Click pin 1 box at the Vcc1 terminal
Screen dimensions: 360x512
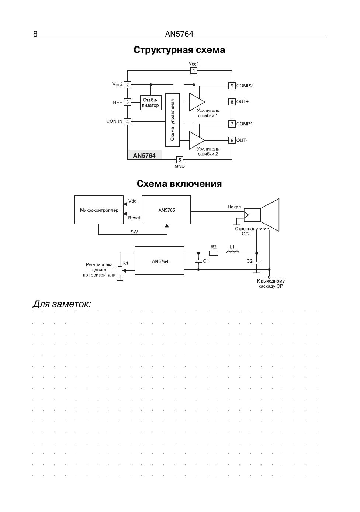pos(194,70)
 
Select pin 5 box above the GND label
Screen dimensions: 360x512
pos(179,160)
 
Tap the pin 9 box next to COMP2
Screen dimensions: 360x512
pos(232,86)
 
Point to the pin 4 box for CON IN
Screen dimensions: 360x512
pos(127,122)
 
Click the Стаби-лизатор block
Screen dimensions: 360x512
pos(150,103)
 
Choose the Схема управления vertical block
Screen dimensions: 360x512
pos(173,120)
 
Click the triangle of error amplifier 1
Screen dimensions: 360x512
pos(197,102)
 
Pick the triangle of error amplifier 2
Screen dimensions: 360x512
pos(197,140)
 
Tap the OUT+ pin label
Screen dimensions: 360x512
pos(242,102)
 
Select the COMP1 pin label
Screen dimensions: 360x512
pos(244,124)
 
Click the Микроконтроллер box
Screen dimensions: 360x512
pos(99,210)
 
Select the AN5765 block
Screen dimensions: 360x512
pos(166,210)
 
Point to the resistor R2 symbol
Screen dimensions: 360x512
pos(214,253)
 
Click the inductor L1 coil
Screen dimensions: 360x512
pos(233,252)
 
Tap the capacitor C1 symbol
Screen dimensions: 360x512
pos(198,262)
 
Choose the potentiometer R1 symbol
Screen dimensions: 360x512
pos(120,271)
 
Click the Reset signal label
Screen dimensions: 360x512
pos(134,218)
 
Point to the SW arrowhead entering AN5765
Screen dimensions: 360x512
pos(167,226)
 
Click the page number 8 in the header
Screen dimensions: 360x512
pos(35,34)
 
